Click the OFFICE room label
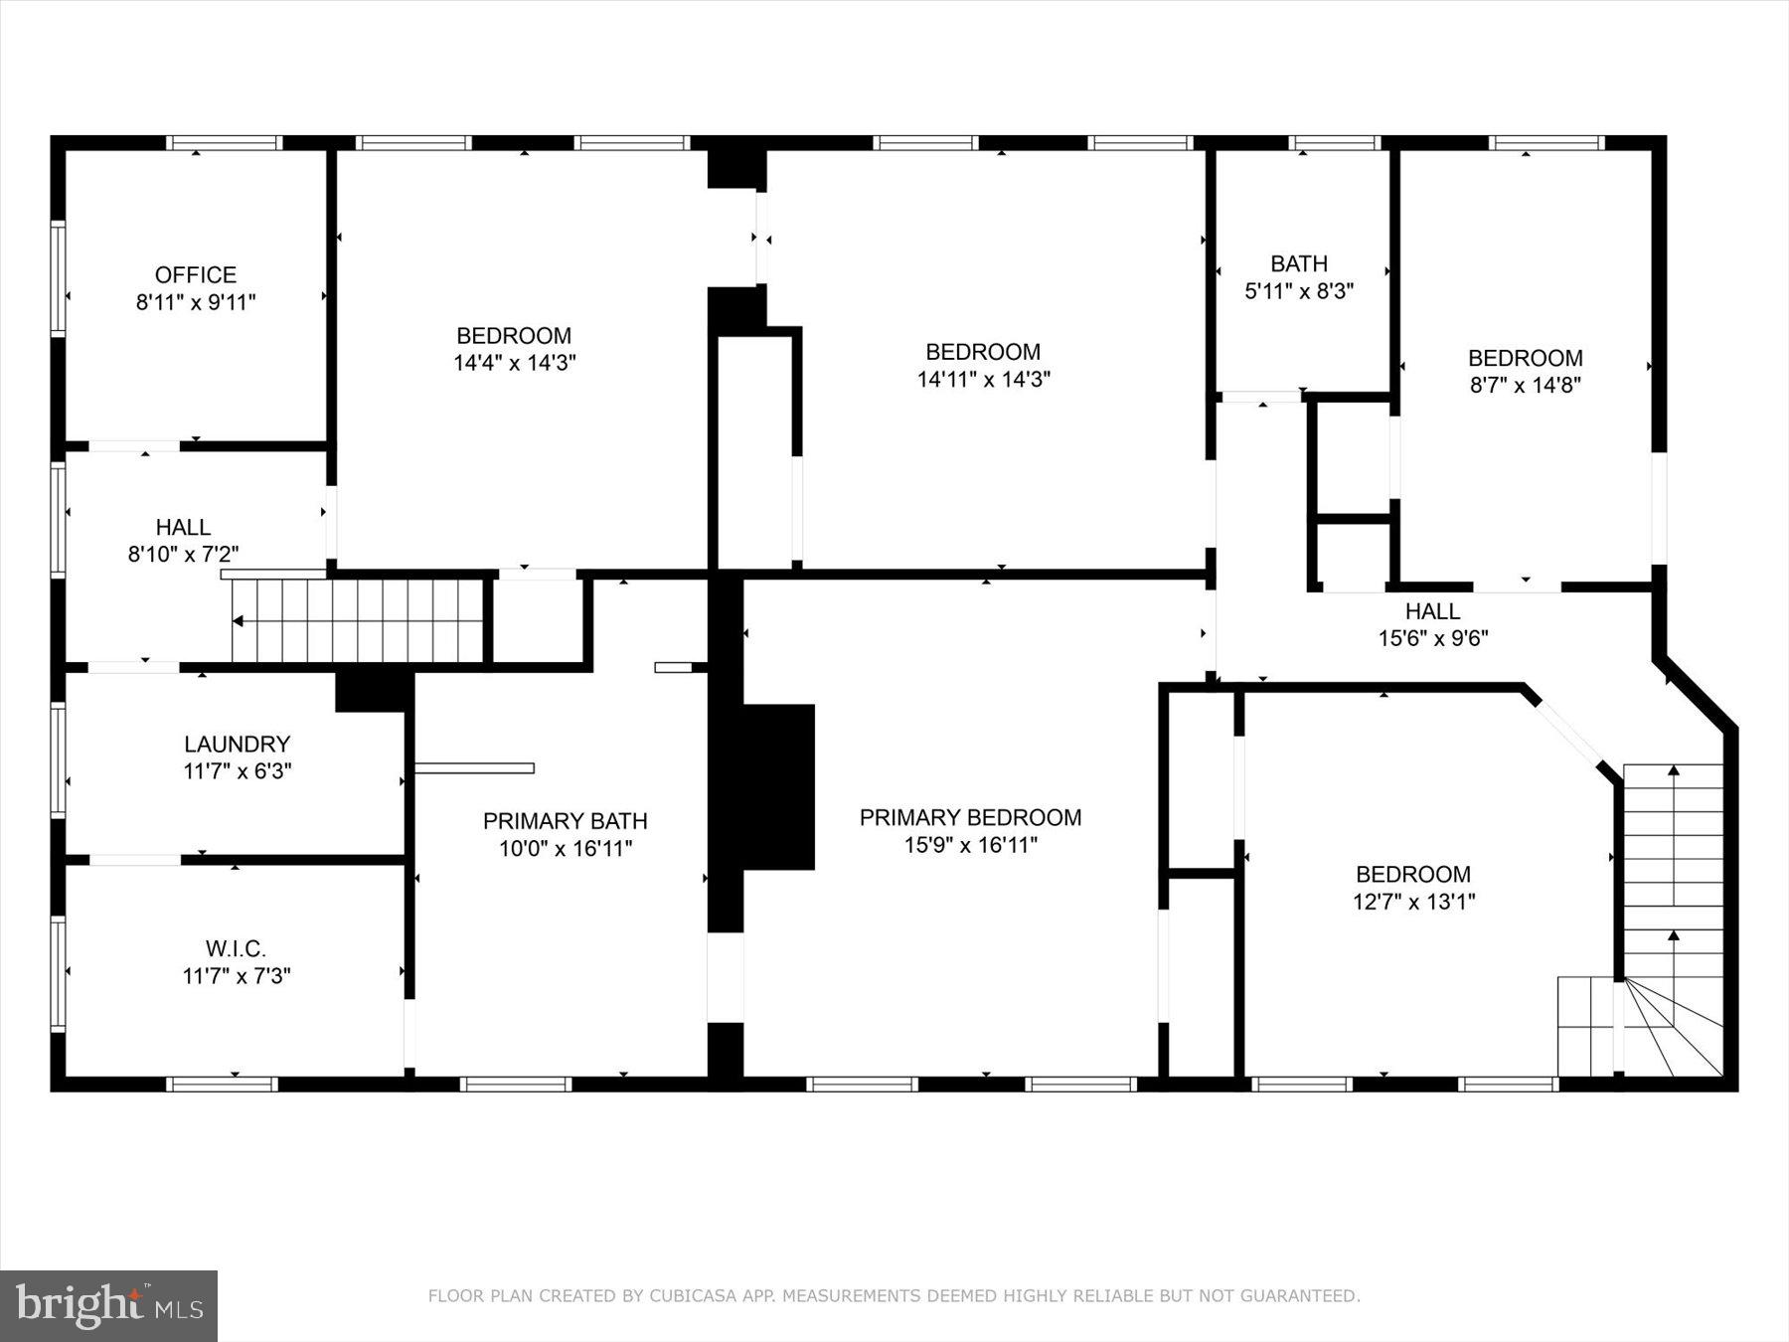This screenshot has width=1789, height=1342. pyautogui.click(x=196, y=275)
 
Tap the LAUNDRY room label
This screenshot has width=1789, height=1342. pyautogui.click(x=237, y=744)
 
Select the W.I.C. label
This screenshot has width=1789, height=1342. pyautogui.click(x=236, y=948)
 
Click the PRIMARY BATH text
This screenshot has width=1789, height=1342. pyautogui.click(x=565, y=821)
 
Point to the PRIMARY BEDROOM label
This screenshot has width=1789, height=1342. pyautogui.click(x=970, y=817)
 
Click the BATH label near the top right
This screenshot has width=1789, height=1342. pyautogui.click(x=1298, y=263)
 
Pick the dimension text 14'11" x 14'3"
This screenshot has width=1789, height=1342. pyautogui.click(x=983, y=379)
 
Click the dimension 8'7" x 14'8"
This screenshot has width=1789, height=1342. pyautogui.click(x=1525, y=385)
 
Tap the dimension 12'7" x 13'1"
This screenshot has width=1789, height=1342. pyautogui.click(x=1413, y=902)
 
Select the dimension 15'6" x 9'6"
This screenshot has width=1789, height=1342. pyautogui.click(x=1432, y=638)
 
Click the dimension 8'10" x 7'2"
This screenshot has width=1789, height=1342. pyautogui.click(x=183, y=554)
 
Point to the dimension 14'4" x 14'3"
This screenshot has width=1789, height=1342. pyautogui.click(x=514, y=363)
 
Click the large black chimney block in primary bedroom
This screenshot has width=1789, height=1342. pyautogui.click(x=777, y=786)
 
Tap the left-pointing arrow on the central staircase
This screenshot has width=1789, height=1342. pyautogui.click(x=239, y=621)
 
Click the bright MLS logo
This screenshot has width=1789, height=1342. pyautogui.click(x=108, y=1305)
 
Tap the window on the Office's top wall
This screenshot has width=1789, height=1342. pyautogui.click(x=224, y=143)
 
